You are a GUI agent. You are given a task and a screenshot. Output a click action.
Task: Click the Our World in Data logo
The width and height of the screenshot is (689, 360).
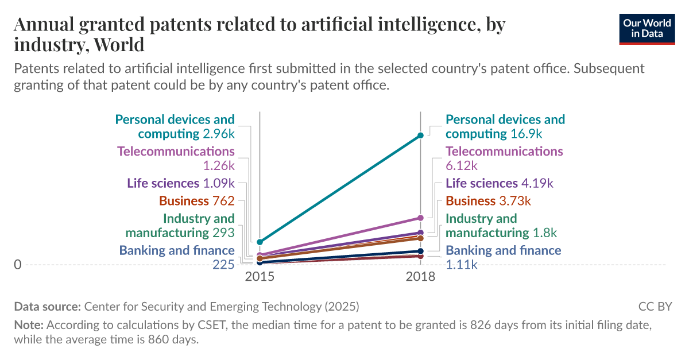pos(647,27)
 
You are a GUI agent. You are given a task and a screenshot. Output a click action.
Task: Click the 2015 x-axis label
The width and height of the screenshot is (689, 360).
pos(260,277)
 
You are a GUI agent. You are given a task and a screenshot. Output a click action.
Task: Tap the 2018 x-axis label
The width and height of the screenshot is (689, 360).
pos(420,277)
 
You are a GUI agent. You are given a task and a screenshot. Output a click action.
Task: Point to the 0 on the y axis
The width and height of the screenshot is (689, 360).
pos(18,265)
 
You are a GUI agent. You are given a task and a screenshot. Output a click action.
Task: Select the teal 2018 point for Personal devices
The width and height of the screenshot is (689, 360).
pos(420,135)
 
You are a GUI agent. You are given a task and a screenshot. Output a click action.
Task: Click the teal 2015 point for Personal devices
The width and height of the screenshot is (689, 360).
pos(260,242)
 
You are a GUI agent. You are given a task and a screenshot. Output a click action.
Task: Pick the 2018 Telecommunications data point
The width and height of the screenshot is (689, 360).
pos(420,218)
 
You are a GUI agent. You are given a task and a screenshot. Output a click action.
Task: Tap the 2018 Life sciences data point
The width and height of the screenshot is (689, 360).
pos(420,233)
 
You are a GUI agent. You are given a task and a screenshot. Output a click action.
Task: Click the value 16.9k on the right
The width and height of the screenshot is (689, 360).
pos(527,134)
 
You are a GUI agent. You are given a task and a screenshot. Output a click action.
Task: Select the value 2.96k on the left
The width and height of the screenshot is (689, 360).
pos(219,134)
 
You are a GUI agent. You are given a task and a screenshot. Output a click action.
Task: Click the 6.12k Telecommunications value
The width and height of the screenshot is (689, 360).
pos(462,166)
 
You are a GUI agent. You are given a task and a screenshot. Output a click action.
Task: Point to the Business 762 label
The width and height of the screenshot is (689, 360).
pos(197,201)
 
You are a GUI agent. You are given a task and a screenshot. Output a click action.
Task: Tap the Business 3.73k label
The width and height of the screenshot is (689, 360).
pos(489,201)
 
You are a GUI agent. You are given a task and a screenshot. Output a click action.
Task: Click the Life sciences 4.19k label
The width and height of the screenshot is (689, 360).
pos(500,183)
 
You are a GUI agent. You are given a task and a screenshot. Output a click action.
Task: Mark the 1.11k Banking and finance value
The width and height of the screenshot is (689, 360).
pos(462,265)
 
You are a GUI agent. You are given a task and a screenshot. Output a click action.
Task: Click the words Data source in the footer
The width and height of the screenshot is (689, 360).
pos(48,306)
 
